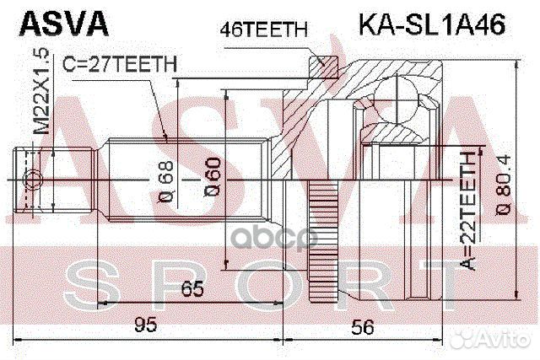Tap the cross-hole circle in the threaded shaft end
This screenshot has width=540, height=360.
31,179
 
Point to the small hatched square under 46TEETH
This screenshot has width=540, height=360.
320,62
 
